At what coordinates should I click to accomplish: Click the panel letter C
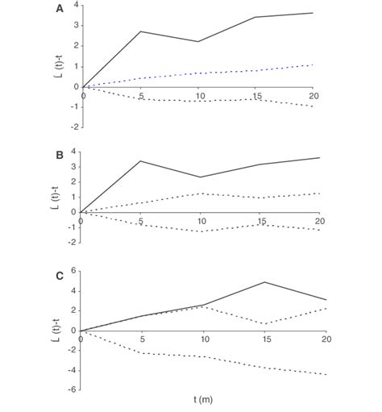[58, 275]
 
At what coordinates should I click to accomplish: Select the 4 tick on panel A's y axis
[75, 6]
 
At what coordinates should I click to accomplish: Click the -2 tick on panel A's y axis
[73, 127]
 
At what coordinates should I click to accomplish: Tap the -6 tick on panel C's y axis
[72, 389]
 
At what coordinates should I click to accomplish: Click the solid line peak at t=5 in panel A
[141, 31]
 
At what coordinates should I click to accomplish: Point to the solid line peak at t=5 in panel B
[141, 160]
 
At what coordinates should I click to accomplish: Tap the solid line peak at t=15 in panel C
[265, 282]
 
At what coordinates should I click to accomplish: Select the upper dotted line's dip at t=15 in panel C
[265, 324]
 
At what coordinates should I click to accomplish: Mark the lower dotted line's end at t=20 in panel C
[326, 374]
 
